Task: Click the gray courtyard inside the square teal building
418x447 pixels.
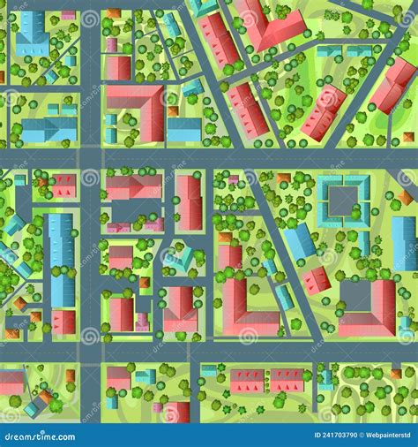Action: pos(343,198)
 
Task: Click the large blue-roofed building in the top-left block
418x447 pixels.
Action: pos(33,33)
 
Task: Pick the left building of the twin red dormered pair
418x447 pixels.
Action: pos(248,381)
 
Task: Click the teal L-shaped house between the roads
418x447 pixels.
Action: pos(182,258)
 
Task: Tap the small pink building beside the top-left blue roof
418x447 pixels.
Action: pos(68,16)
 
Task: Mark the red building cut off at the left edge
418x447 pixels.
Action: pos(11,383)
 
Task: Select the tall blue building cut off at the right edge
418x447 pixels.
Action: pos(404,243)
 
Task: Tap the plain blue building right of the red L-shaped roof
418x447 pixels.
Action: pos(184,130)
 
